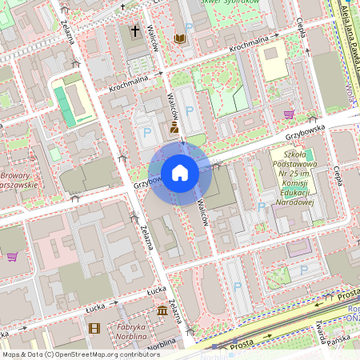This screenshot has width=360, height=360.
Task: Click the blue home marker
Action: pos(180,173)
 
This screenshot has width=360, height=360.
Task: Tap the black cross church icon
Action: pos(134,33)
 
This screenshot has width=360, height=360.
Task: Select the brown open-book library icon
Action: pos(180,38)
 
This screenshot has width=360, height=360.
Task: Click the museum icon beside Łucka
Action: pos(162,310)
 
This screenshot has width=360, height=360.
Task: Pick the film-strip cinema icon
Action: pos(95,328)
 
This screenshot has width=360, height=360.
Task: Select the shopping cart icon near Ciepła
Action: pos(288,114)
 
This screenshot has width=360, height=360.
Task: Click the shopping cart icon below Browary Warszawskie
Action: pos(13,257)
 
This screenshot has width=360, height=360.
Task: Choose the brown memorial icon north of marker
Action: pos(174,127)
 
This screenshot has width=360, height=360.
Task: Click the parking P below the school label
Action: pos(261,207)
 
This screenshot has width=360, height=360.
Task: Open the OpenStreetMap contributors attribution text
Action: pos(81,354)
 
